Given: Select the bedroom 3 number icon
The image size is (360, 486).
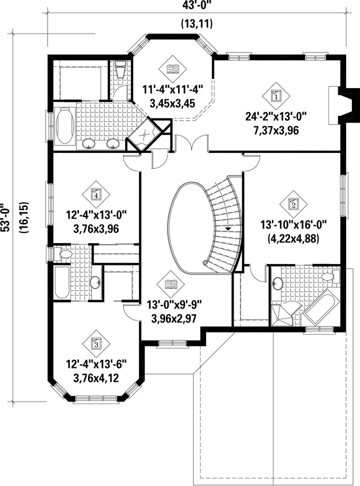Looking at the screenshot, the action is click(96, 343).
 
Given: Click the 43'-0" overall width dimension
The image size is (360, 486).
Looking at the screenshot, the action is click(197, 5).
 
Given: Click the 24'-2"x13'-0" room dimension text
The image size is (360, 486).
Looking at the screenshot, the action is click(276, 117).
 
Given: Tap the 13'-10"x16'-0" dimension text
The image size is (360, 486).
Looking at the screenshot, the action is click(293, 224).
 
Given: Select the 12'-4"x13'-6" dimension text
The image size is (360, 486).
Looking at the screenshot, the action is click(96, 364).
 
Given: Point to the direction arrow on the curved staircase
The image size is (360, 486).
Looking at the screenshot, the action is click(228, 228).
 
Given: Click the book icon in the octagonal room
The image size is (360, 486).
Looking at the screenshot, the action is click(172, 69).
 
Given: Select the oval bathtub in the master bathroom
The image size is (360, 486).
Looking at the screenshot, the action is click(65, 126).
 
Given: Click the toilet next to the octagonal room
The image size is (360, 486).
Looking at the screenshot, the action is click(120, 69).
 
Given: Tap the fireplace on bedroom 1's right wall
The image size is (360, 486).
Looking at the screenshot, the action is click(343, 105).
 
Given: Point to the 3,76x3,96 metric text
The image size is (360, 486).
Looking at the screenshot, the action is click(96, 229).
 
